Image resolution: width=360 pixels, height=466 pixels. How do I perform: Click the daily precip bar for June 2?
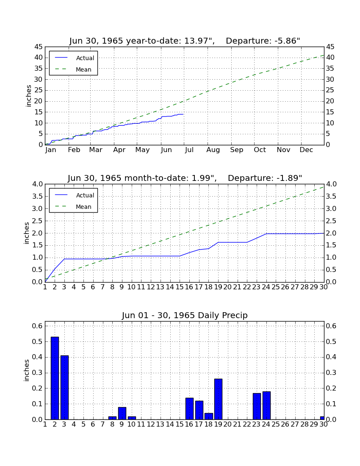[55, 378]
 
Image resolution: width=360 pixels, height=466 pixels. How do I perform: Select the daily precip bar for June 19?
[218, 399]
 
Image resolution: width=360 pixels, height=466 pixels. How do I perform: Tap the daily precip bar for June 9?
[122, 413]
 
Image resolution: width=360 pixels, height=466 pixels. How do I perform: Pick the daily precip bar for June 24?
[266, 406]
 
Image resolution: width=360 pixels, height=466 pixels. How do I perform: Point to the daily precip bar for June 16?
[189, 409]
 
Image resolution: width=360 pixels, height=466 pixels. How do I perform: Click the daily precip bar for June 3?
[64, 388]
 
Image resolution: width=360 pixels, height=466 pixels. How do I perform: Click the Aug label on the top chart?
[213, 150]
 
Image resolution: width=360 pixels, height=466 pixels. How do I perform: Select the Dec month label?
[306, 150]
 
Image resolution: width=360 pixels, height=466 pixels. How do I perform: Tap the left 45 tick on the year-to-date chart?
[39, 47]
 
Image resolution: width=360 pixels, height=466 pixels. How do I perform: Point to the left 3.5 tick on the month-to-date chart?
[37, 197]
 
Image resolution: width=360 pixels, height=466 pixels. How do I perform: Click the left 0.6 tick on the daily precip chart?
[37, 326]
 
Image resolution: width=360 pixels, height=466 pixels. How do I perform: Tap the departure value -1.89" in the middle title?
[289, 178]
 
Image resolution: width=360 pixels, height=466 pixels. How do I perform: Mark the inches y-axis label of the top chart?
[28, 96]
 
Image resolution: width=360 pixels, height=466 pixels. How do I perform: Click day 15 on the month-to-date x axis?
[180, 287]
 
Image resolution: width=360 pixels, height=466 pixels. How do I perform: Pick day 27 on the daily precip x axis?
[295, 424]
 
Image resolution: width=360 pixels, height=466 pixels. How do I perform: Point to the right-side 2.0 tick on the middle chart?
[332, 233]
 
